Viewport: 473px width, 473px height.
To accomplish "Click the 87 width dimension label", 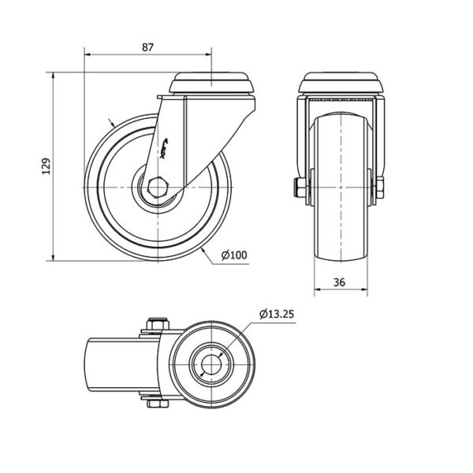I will (147, 47).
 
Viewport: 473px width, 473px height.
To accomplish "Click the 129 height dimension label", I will (46, 166).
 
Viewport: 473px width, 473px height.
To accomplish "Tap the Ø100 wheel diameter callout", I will (235, 255).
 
